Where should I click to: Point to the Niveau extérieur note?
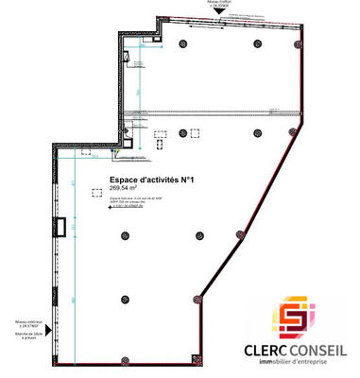pyautogui.click(x=26, y=323)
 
